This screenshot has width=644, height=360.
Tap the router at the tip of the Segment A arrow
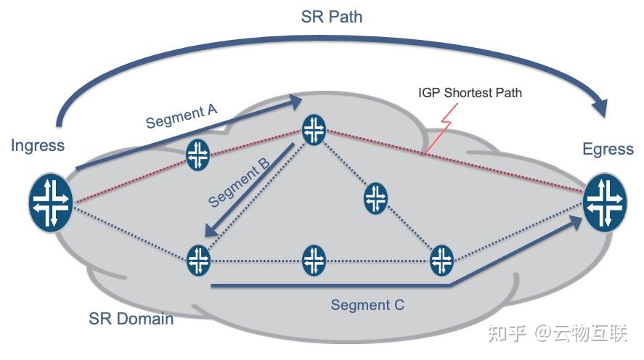[x=314, y=129]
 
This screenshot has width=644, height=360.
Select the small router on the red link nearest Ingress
[x=197, y=155]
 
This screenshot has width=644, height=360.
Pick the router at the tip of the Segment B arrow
[x=197, y=260]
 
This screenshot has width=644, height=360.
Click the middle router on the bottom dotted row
[x=314, y=260]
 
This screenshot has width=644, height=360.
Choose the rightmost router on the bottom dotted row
[x=441, y=260]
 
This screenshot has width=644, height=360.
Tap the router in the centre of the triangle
[x=375, y=198]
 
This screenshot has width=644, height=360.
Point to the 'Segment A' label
[x=182, y=115]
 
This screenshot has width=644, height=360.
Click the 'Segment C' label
[x=367, y=305]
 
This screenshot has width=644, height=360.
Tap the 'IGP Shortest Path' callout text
[x=470, y=93]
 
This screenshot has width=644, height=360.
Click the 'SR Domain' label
[x=131, y=318]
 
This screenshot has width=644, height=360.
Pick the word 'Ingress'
[x=38, y=145]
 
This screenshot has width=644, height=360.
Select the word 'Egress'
[x=608, y=150]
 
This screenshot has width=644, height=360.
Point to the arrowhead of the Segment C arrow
[x=576, y=221]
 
